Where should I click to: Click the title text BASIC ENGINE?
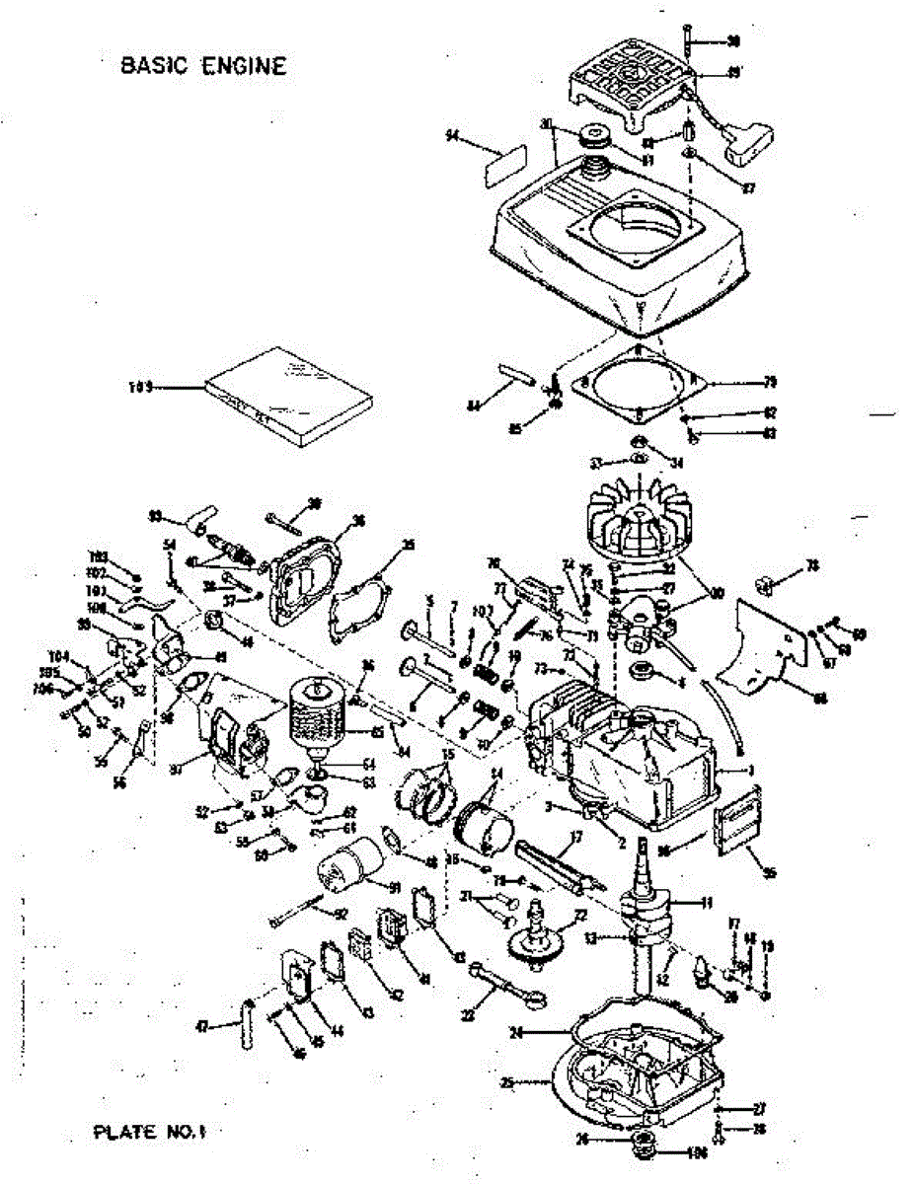click(x=202, y=66)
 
